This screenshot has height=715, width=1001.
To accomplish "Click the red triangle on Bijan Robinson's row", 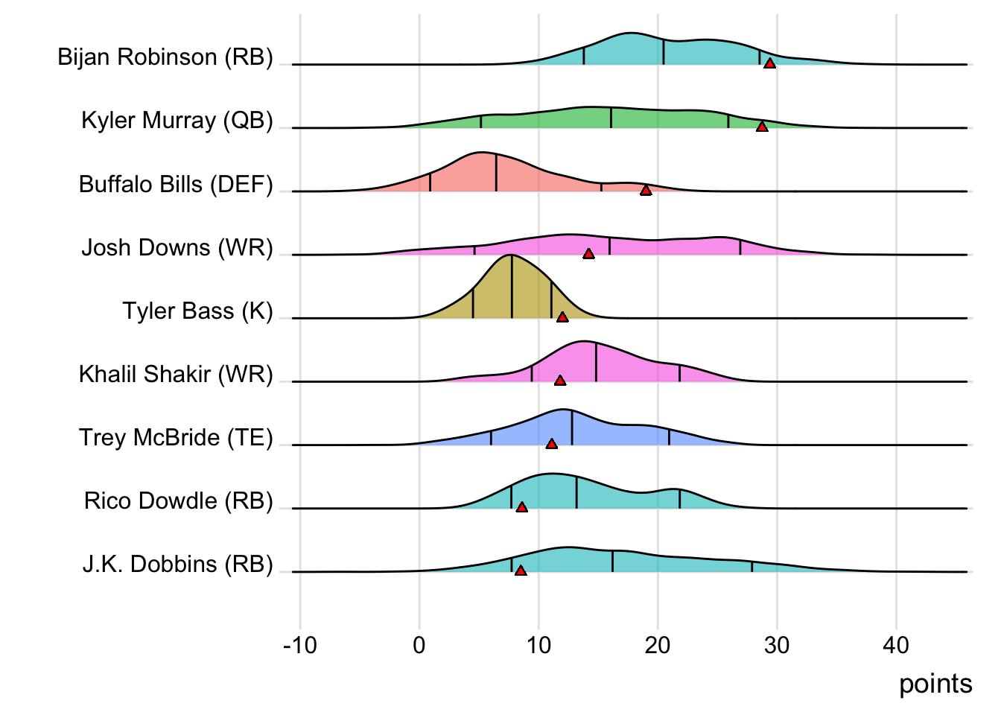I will (769, 63).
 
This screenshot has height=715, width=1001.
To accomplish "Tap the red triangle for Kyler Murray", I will (761, 127).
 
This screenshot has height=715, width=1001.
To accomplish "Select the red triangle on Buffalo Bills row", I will (646, 191).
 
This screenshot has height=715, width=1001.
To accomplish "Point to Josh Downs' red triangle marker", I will (588, 254).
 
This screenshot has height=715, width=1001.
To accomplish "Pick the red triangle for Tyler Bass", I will (562, 317).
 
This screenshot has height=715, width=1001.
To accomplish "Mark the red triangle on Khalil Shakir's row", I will (560, 381).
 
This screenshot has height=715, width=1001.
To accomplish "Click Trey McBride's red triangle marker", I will (551, 444).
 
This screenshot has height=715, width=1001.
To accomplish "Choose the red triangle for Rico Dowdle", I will (521, 507).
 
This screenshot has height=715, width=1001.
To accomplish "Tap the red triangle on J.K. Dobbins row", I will (521, 571).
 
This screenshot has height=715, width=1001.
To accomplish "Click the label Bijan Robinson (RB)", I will (165, 57).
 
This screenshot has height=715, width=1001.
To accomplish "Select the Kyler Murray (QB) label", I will (177, 121).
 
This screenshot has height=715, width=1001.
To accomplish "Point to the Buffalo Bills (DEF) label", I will (176, 184).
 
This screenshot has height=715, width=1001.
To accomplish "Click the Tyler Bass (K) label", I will (198, 311).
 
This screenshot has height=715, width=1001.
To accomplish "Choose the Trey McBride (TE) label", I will (176, 437).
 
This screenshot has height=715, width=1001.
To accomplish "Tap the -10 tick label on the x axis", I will (300, 645).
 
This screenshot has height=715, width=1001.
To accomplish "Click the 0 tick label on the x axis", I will (419, 645).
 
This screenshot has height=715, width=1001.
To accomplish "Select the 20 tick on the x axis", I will (658, 645).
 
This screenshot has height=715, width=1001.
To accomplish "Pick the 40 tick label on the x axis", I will (896, 645).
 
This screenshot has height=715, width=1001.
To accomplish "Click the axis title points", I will (935, 684).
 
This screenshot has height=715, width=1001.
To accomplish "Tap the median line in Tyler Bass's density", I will (512, 287).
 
